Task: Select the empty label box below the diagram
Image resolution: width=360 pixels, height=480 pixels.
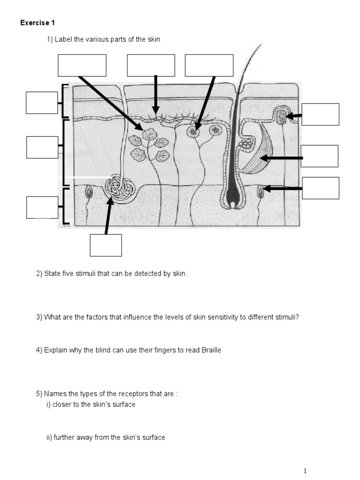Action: (x=106, y=245)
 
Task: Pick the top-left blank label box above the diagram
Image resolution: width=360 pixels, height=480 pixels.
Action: (x=82, y=65)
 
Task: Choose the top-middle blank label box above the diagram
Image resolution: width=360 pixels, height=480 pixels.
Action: (x=151, y=65)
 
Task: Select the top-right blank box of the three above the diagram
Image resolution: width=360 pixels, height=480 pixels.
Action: (x=209, y=65)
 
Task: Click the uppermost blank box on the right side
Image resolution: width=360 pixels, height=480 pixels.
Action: (x=320, y=114)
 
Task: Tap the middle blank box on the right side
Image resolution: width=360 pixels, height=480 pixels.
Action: (x=319, y=156)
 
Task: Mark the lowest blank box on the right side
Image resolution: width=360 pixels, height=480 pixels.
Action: (x=320, y=188)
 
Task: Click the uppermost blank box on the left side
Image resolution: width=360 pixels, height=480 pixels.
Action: (x=42, y=103)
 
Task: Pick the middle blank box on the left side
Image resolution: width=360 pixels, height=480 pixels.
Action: (x=42, y=147)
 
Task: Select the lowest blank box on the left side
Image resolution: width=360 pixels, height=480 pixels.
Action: (x=42, y=208)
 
